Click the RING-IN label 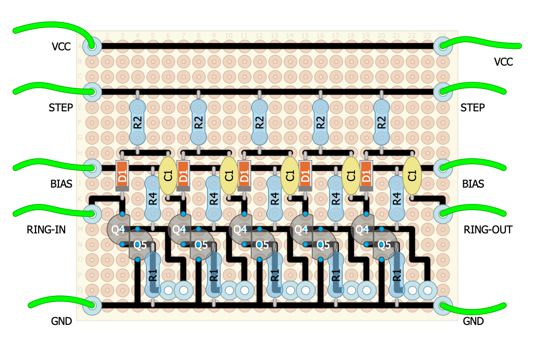46,230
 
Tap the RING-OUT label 488,230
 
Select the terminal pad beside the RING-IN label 92,214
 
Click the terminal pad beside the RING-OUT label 443,214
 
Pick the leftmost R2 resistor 137,122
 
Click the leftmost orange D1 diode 122,175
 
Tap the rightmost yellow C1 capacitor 412,175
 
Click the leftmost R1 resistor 153,275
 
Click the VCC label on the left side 61,47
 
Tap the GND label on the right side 473,321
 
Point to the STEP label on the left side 61,108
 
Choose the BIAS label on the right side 472,184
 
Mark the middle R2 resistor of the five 259,122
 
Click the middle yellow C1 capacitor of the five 290,175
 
